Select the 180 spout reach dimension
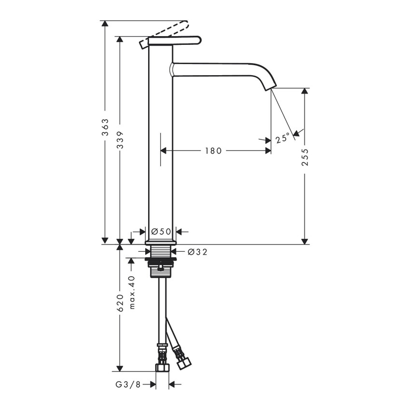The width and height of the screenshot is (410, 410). (213, 151)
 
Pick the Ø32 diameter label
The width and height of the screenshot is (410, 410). (197, 251)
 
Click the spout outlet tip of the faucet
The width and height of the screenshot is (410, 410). (272, 88)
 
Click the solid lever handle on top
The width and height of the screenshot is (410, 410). (174, 41)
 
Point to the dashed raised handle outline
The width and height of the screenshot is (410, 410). (169, 28)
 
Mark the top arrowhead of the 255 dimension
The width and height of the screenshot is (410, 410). (304, 92)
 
